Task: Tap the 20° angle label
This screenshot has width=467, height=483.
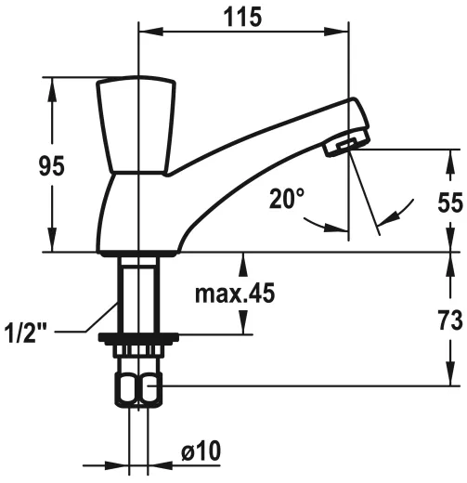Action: [287, 199]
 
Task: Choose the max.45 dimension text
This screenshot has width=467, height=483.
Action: [235, 294]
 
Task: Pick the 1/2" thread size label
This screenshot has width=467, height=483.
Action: [26, 330]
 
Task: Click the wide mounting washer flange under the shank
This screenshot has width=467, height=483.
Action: [137, 339]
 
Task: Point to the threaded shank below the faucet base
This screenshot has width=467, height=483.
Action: [137, 293]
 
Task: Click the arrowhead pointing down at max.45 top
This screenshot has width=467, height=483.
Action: [243, 262]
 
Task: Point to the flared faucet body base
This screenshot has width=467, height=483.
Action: [139, 218]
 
